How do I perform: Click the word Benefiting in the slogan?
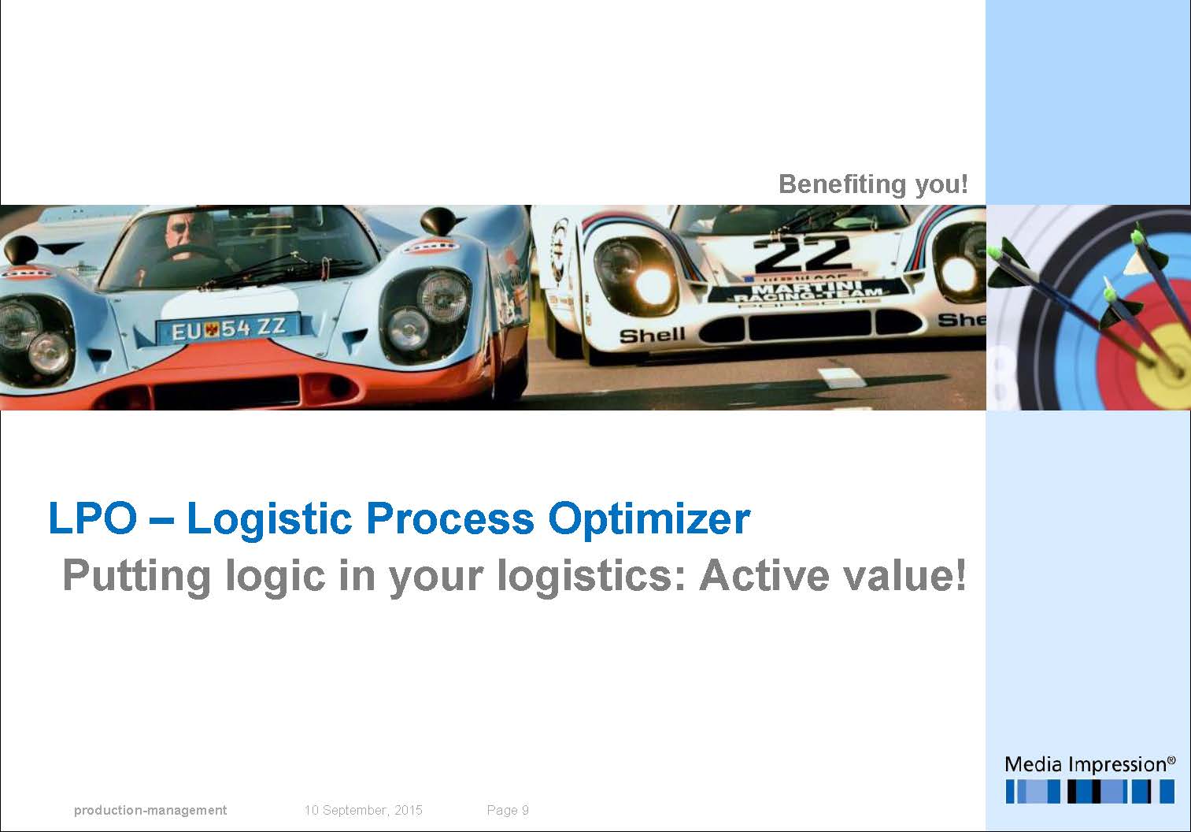[842, 184]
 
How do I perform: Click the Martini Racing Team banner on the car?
[808, 293]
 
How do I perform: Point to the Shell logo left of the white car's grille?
[652, 336]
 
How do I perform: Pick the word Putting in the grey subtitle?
[137, 578]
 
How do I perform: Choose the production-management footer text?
[150, 810]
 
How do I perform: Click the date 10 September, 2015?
[363, 810]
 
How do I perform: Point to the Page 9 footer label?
[508, 810]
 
